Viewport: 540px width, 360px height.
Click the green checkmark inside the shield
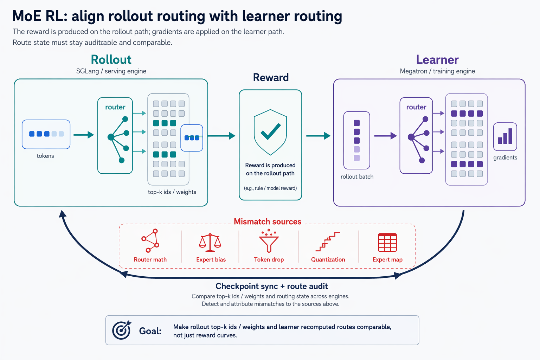tap(270, 133)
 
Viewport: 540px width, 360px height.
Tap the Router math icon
tap(150, 240)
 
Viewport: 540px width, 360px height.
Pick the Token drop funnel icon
tap(269, 240)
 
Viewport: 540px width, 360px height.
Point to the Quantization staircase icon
tap(328, 242)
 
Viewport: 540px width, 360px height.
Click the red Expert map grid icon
tap(387, 242)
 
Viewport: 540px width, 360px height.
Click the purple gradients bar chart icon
tap(505, 136)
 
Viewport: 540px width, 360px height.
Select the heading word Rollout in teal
tap(111, 59)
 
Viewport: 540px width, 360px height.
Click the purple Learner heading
tap(437, 59)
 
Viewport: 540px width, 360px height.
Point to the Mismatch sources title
tap(268, 221)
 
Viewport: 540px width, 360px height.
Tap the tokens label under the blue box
tap(45, 156)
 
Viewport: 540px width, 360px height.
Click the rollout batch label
tap(357, 176)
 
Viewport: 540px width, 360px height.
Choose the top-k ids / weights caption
tap(172, 192)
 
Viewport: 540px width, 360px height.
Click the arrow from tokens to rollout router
tap(84, 135)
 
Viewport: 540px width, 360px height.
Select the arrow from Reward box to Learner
tap(318, 136)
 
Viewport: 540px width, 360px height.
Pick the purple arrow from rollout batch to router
tap(385, 136)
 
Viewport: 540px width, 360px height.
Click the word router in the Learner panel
tap(416, 107)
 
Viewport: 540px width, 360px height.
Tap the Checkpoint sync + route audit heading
tap(272, 286)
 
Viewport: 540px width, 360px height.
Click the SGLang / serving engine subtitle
tap(111, 71)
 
